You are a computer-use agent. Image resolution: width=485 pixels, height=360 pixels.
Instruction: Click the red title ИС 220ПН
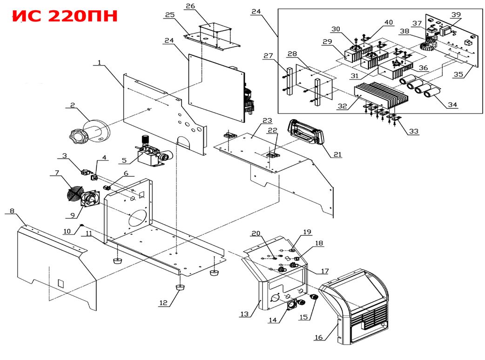(x=65, y=16)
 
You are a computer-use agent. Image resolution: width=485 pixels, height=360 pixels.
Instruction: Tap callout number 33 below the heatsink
(x=413, y=132)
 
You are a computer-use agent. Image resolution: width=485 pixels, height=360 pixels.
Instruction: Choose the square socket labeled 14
(x=292, y=305)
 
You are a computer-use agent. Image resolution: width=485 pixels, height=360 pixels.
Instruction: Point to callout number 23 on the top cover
(x=266, y=120)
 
